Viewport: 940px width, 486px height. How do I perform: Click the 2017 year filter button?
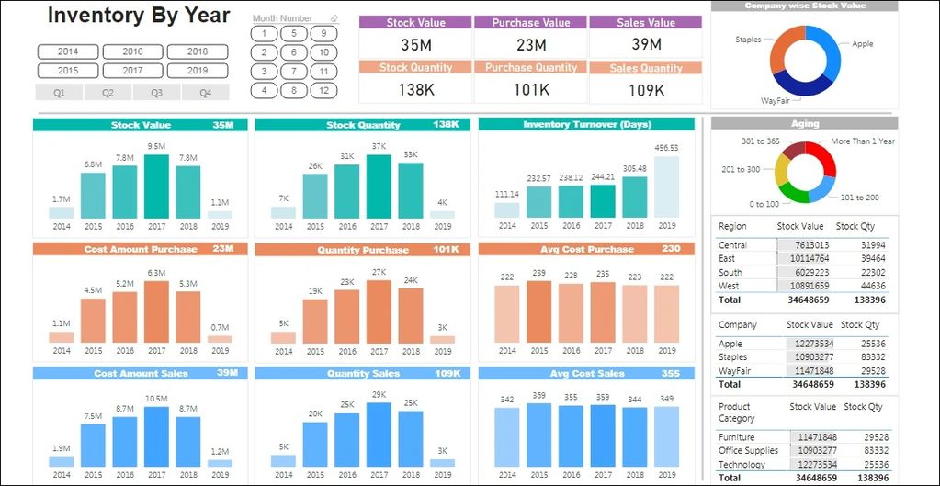[132, 70]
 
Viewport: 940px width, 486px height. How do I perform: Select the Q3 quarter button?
[156, 92]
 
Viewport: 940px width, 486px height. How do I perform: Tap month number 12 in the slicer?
[323, 90]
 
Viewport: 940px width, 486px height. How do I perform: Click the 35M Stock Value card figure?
[416, 44]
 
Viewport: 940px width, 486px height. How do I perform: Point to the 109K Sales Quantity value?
[647, 89]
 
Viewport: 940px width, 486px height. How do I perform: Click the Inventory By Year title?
[139, 16]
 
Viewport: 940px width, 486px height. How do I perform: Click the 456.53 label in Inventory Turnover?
[666, 147]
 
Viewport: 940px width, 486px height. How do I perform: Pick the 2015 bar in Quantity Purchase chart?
[315, 322]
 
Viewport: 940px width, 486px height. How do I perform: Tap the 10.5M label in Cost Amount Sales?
[157, 397]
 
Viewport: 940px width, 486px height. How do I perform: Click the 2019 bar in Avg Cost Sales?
[666, 435]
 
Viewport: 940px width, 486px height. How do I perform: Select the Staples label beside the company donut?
[748, 40]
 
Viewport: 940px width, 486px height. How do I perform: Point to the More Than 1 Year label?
[862, 141]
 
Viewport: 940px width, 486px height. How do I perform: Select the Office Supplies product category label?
[748, 451]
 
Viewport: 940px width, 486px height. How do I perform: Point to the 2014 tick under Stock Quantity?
[283, 226]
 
